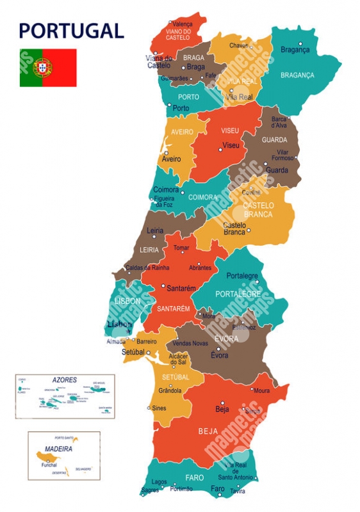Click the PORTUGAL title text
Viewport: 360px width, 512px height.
click(x=71, y=30)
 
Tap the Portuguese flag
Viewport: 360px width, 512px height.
click(x=48, y=67)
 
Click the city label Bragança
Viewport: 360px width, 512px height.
click(x=295, y=50)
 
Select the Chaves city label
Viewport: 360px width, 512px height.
click(x=238, y=45)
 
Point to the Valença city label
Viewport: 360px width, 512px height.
click(x=183, y=24)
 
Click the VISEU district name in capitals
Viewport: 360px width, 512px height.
click(x=230, y=131)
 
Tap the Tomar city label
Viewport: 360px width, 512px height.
click(x=181, y=248)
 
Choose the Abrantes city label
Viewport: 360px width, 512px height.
click(x=200, y=268)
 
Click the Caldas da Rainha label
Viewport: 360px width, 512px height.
click(x=147, y=268)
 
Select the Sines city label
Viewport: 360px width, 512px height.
click(x=159, y=408)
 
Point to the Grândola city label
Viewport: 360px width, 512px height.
click(x=170, y=390)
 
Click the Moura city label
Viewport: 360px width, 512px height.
click(x=261, y=390)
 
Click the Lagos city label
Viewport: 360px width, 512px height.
click(x=160, y=481)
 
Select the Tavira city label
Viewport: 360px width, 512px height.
click(x=238, y=492)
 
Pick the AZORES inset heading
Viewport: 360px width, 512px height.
click(x=65, y=380)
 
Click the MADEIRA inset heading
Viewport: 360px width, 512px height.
click(x=58, y=449)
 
